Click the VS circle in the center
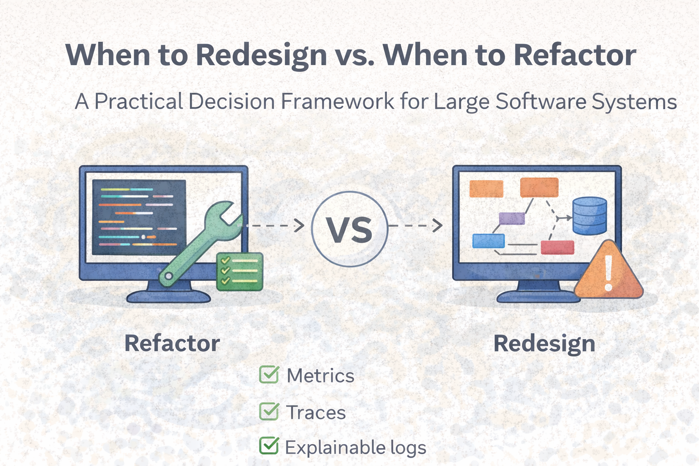(349, 229)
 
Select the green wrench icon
(201, 243)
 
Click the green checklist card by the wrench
(240, 272)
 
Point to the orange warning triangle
(608, 270)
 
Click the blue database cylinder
(590, 216)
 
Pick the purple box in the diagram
(512, 218)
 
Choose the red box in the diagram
(557, 248)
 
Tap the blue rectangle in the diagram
(488, 241)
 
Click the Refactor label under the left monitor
(172, 343)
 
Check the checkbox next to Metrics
(269, 374)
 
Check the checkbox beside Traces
(269, 411)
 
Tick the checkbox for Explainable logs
(269, 446)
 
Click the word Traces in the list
(316, 412)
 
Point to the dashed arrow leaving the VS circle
(415, 225)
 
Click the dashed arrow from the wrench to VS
(272, 225)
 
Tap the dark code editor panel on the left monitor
(139, 217)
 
